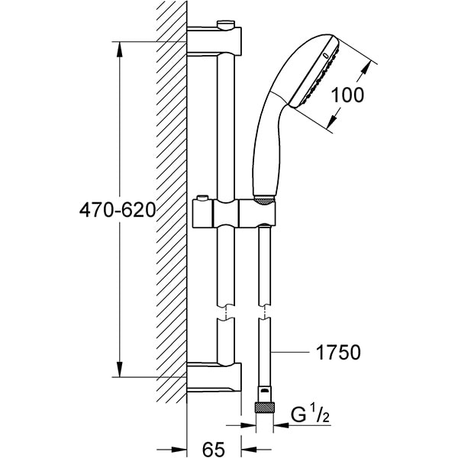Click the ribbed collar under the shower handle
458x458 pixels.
263,202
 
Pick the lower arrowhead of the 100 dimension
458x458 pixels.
336,122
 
